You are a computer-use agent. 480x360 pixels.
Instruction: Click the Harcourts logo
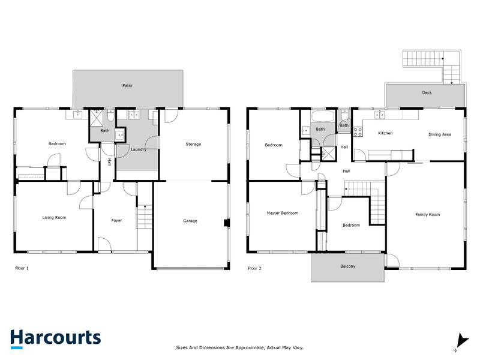(55, 337)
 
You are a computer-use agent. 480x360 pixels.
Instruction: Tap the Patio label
(127, 86)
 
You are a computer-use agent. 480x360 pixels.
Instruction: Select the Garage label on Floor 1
(190, 221)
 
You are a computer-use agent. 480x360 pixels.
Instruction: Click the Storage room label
(193, 144)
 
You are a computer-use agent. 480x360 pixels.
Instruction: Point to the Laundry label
(139, 149)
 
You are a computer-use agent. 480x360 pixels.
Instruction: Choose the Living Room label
(54, 217)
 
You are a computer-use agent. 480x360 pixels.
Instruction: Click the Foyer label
(116, 220)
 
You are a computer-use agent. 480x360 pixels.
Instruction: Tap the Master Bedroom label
(282, 213)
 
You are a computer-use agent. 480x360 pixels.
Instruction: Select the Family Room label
(428, 214)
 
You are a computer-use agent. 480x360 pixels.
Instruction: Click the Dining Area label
(439, 134)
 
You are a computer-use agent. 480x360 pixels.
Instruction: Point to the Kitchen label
(385, 133)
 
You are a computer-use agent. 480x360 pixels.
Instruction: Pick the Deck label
(427, 92)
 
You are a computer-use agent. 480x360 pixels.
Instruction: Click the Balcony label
(347, 266)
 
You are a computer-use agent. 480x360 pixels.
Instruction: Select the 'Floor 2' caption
(254, 268)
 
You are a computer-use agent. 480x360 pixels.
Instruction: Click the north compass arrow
(460, 341)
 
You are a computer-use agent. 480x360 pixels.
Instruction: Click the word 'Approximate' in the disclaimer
(250, 347)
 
